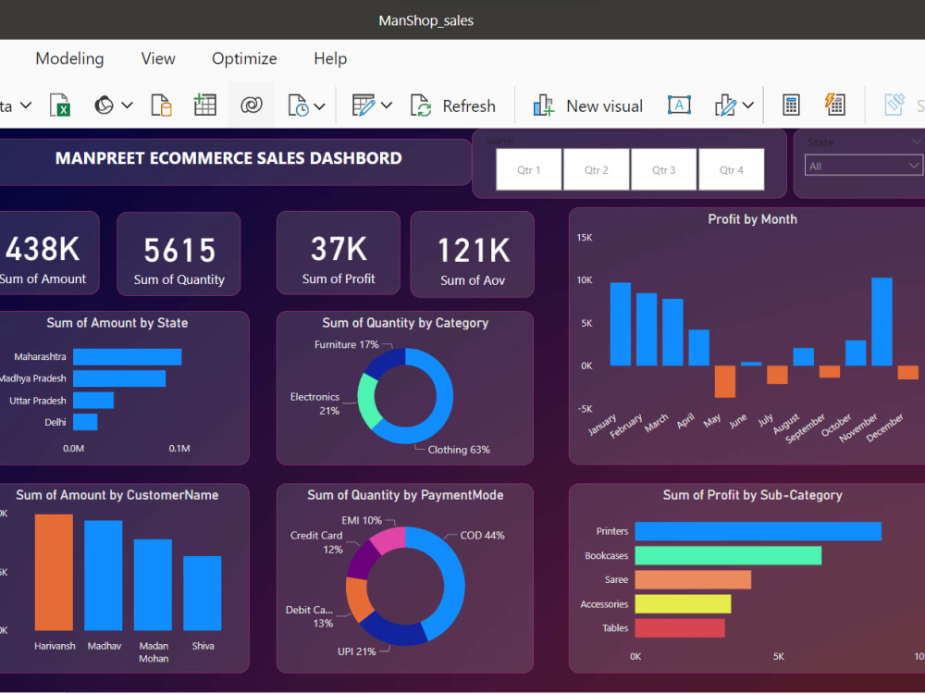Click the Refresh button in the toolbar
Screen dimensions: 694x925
[453, 106]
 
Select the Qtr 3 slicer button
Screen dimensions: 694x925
[663, 170]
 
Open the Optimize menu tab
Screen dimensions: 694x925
[244, 58]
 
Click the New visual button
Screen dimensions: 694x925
[588, 106]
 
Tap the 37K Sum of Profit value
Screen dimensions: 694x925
[339, 250]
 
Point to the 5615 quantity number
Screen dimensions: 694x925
[179, 251]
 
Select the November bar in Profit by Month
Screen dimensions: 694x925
[882, 321]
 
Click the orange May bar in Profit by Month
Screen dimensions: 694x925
[724, 381]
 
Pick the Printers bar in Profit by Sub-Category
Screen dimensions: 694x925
[758, 531]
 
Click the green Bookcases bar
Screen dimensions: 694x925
[728, 555]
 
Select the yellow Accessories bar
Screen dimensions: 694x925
[683, 604]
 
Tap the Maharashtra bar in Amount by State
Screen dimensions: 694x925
[127, 356]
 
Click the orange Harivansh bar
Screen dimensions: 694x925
[54, 572]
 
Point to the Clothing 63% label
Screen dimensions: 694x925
[459, 450]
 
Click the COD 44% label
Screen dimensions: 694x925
[482, 536]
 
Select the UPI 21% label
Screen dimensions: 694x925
[357, 651]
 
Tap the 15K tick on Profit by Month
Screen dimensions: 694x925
[585, 238]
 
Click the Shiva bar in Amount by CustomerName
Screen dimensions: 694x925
[202, 593]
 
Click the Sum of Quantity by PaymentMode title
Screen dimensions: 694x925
[405, 495]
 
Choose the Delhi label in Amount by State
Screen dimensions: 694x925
[55, 422]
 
